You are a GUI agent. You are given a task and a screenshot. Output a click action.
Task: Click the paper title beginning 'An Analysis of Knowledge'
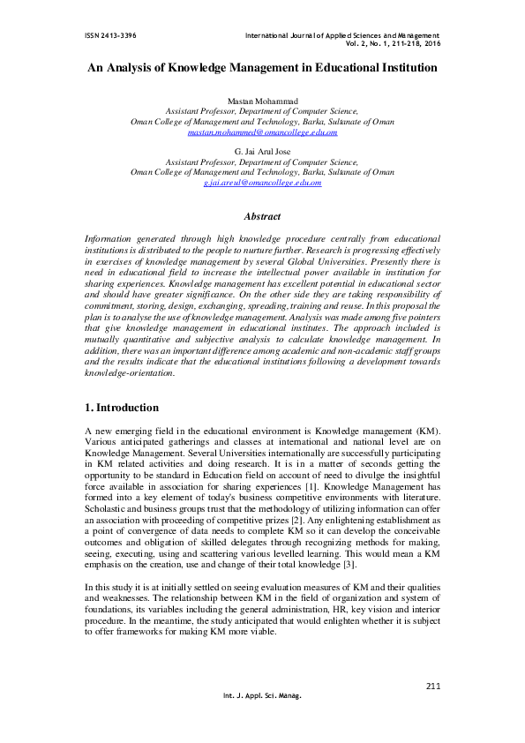pyautogui.click(x=262, y=67)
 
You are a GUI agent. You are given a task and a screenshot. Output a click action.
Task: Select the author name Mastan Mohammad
pyautogui.click(x=262, y=102)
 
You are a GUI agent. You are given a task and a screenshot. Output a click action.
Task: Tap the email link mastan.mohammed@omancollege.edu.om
pyautogui.click(x=262, y=131)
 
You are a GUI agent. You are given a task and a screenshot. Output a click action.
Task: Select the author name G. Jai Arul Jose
pyautogui.click(x=262, y=153)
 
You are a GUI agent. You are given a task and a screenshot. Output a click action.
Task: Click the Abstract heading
pyautogui.click(x=262, y=216)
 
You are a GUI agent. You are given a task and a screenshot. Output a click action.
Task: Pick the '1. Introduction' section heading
pyautogui.click(x=122, y=408)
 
